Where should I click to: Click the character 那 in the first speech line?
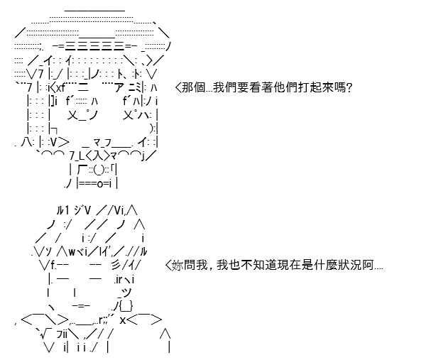pyautogui.click(x=187, y=87)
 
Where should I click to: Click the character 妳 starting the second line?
pyautogui.click(x=178, y=265)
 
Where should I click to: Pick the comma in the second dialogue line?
pyautogui.click(x=212, y=268)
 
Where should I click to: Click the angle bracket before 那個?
pyautogui.click(x=178, y=88)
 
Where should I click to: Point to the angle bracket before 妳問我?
pyautogui.click(x=168, y=265)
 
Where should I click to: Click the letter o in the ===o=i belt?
pyautogui.click(x=100, y=184)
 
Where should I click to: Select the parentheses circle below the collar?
pyautogui.click(x=99, y=170)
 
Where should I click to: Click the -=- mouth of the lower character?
pyautogui.click(x=81, y=305)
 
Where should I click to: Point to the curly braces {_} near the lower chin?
pyautogui.click(x=126, y=306)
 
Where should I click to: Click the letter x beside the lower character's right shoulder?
pyautogui.click(x=123, y=320)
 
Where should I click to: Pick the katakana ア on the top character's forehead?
pyautogui.click(x=119, y=87)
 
